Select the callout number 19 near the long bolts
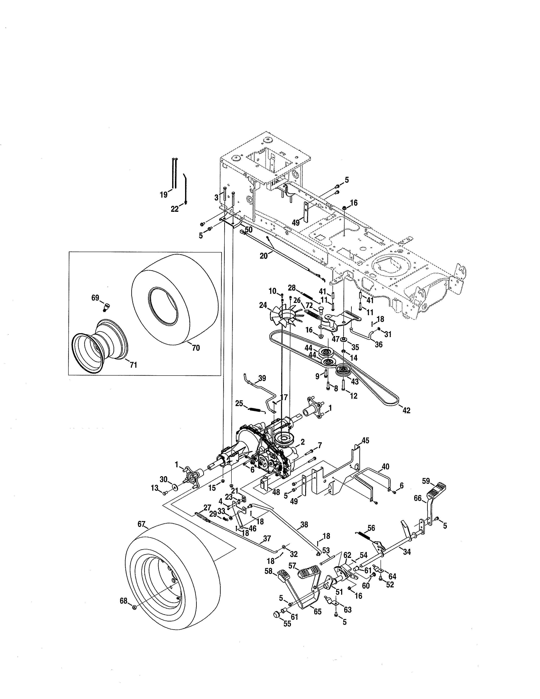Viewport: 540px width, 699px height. click(x=163, y=195)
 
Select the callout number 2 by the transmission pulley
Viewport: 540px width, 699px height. click(x=302, y=442)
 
